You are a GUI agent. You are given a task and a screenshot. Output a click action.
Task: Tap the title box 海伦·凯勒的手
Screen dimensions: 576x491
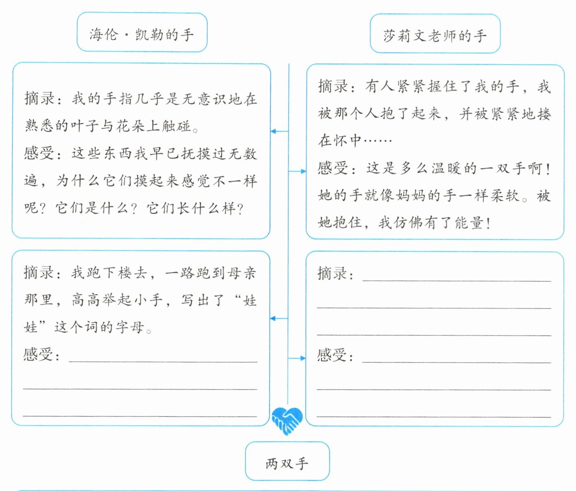click(142, 32)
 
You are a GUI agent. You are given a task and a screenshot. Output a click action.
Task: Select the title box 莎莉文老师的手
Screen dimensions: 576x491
click(435, 34)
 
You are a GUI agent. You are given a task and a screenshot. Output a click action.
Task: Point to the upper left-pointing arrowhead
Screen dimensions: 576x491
click(273, 131)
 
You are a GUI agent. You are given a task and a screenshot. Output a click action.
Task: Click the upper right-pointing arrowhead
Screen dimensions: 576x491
click(304, 171)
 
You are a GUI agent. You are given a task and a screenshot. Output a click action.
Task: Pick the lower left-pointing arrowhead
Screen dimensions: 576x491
click(273, 318)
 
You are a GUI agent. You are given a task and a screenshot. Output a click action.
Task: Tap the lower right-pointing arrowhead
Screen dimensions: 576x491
click(303, 358)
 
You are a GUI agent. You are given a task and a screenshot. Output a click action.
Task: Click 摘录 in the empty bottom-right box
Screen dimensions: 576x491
click(332, 273)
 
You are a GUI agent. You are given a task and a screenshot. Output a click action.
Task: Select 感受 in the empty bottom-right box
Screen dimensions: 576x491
click(332, 355)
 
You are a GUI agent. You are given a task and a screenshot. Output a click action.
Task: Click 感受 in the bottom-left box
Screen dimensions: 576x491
click(38, 354)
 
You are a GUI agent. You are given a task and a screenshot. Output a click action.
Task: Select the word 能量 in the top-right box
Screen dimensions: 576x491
click(469, 223)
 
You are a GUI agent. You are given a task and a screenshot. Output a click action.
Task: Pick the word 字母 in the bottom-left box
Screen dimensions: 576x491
click(130, 327)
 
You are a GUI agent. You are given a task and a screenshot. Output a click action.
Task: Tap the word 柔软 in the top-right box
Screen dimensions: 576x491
click(506, 195)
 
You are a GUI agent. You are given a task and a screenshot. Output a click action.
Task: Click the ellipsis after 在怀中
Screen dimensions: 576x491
click(378, 141)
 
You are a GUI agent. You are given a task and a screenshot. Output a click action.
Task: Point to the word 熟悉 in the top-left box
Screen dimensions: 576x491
click(39, 126)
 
